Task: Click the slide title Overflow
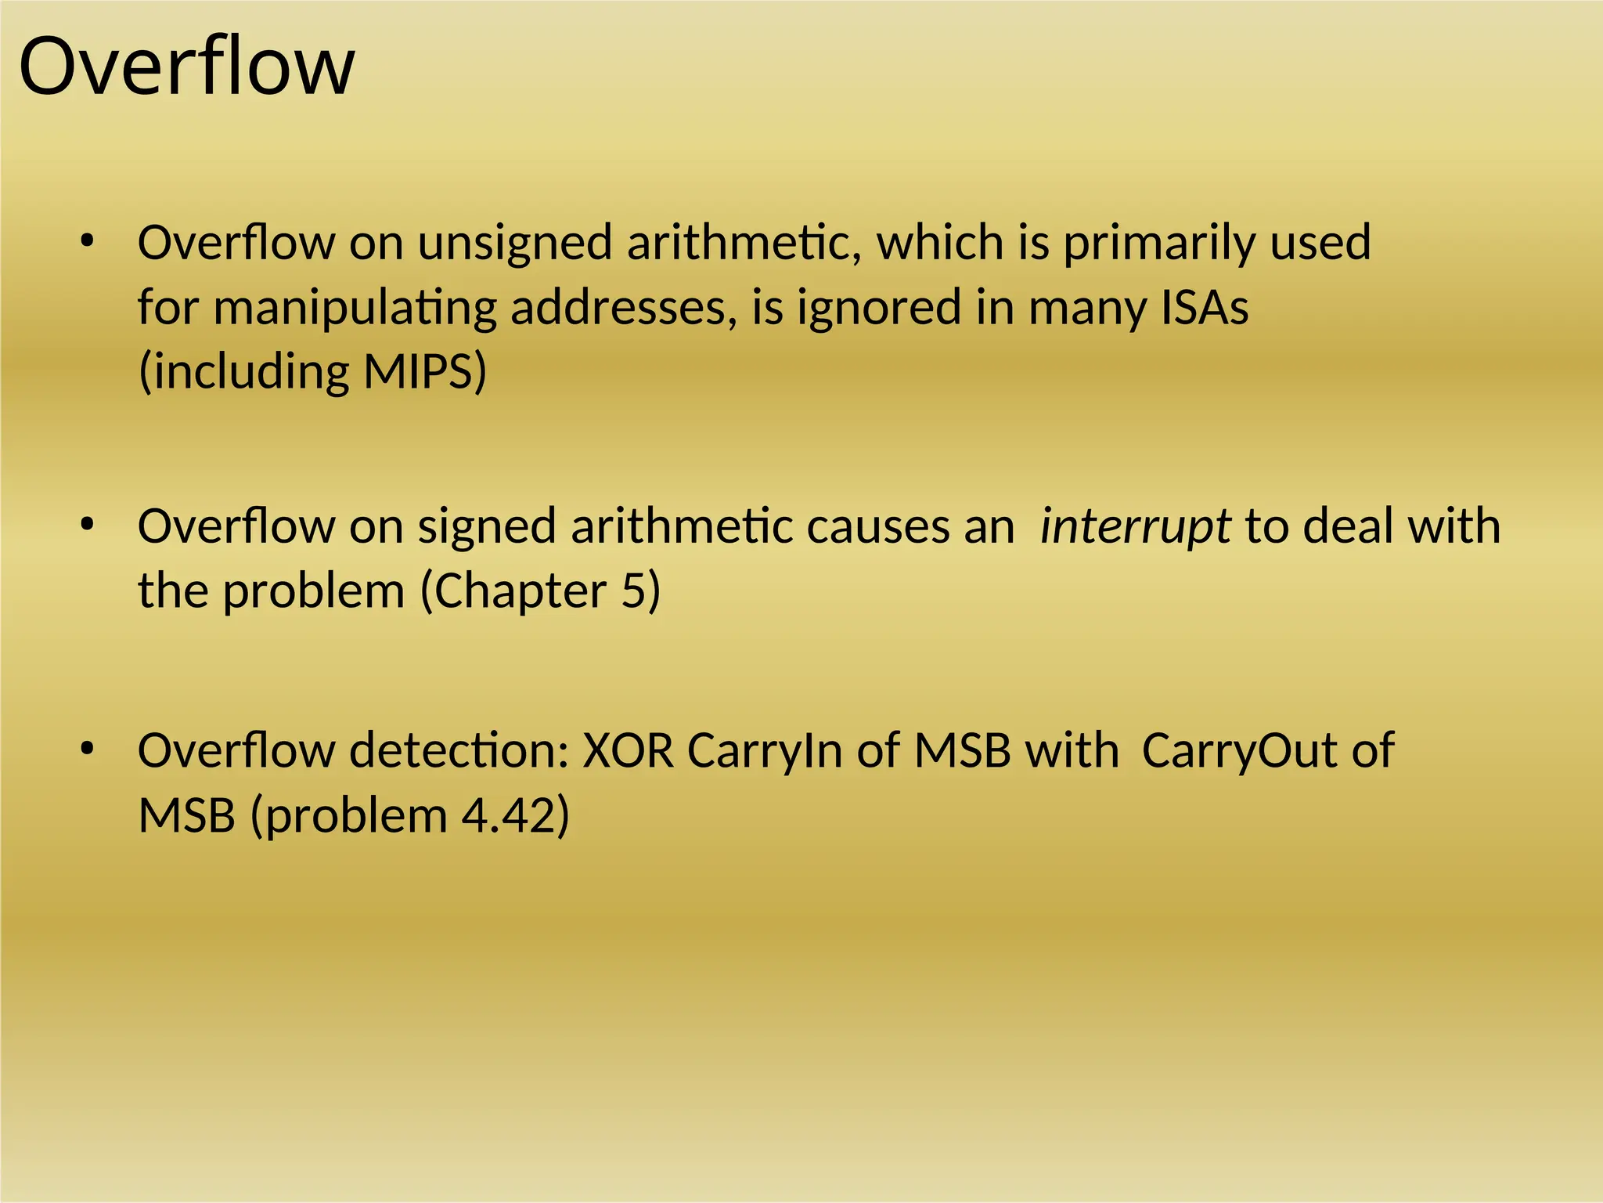[186, 67]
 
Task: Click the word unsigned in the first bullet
[514, 243]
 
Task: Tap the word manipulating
[355, 309]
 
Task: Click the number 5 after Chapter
[632, 591]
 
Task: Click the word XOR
[628, 750]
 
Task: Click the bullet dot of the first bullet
[87, 241]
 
